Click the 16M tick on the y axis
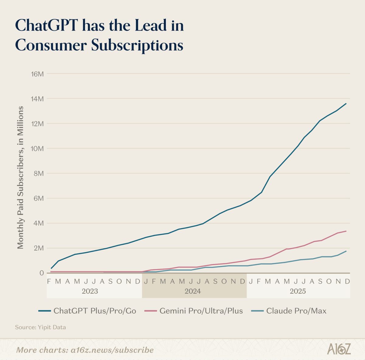tap(37, 74)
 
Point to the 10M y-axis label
tap(37, 149)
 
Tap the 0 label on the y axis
tap(41, 273)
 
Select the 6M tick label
tap(38, 198)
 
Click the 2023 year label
tap(90, 291)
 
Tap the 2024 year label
tap(193, 291)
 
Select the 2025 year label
tap(297, 291)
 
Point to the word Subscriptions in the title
tap(137, 46)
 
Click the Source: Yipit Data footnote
tap(40, 327)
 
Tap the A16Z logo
tap(339, 349)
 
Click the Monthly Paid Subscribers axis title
tap(20, 177)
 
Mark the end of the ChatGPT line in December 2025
tap(346, 103)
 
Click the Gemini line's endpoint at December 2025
tap(346, 231)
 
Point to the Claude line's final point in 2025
tap(346, 251)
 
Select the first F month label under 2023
tap(49, 281)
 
